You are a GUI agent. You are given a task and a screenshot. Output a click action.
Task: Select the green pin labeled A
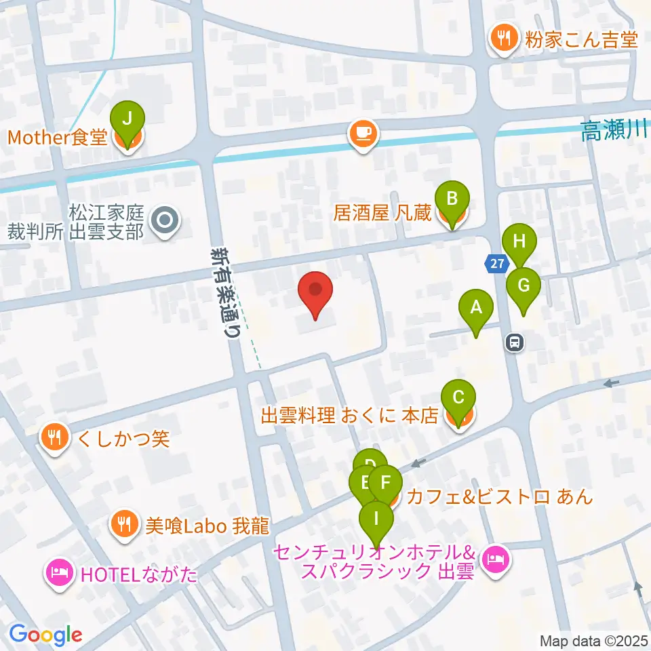click(476, 309)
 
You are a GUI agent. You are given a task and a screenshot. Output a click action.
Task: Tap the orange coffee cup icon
click(363, 132)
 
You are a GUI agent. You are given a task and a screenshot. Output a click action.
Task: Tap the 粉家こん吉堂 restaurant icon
click(502, 39)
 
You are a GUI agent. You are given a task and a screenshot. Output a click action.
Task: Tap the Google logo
click(45, 634)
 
